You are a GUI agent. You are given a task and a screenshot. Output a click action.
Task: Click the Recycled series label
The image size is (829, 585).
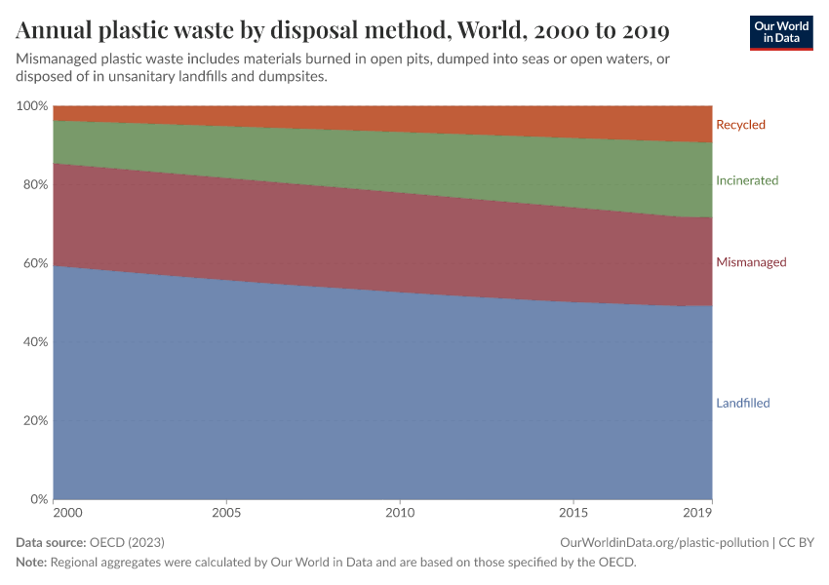[740, 125]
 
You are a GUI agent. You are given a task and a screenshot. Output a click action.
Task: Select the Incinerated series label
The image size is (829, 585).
[747, 180]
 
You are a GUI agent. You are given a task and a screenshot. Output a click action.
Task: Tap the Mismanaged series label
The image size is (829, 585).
[751, 262]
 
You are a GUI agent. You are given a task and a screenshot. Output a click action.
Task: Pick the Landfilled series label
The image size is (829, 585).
[743, 403]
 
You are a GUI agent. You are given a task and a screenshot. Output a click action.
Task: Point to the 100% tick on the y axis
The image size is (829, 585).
[33, 105]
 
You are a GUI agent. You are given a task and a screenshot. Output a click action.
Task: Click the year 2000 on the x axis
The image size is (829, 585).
[67, 512]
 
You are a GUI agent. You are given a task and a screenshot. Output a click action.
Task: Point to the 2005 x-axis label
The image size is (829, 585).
[226, 512]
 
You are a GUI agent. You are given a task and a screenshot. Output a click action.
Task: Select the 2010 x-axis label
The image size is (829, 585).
[400, 512]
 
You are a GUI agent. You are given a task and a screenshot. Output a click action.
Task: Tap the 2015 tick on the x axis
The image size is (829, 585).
[573, 512]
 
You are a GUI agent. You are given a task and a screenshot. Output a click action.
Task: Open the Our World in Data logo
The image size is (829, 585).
[780, 32]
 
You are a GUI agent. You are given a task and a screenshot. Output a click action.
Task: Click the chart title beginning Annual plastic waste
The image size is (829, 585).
[342, 31]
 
